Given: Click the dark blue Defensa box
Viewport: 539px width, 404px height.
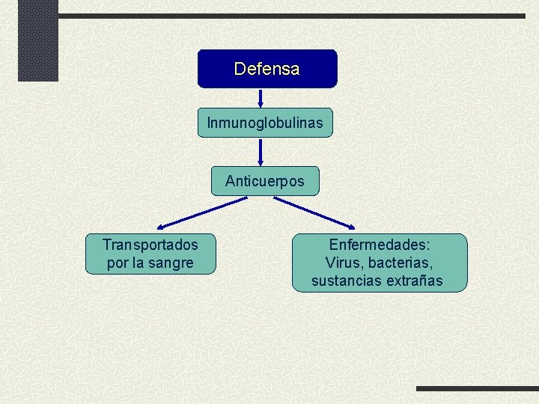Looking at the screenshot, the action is click(x=267, y=69).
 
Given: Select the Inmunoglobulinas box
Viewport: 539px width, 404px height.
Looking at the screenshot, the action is click(x=265, y=123).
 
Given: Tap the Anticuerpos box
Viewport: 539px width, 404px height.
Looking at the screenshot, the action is click(x=265, y=181).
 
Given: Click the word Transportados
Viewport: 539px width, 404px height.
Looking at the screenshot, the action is click(x=150, y=245).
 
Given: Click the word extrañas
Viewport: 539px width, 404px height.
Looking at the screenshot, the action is click(x=414, y=281).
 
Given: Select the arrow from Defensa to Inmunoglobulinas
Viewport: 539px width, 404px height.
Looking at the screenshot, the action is click(x=261, y=97).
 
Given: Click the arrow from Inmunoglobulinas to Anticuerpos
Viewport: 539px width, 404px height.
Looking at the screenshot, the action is click(x=261, y=151).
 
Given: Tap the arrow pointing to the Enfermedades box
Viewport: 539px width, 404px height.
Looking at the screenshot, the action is click(x=314, y=212).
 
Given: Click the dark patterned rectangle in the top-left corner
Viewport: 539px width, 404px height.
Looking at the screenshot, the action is click(x=37, y=40).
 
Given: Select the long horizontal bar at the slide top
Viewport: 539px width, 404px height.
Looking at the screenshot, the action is click(x=292, y=16).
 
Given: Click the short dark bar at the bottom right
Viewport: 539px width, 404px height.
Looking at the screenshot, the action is click(x=477, y=388).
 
